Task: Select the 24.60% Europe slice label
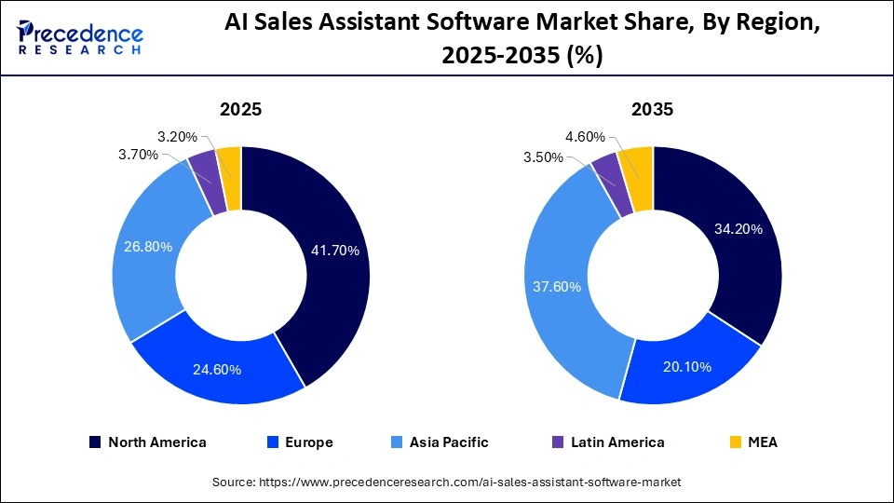coord(216,370)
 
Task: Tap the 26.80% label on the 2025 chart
coord(149,247)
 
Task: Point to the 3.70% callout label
coord(138,155)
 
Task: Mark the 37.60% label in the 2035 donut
coord(556,286)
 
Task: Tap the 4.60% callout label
coord(584,137)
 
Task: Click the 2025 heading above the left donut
coord(240,109)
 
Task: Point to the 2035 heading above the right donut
coord(652,109)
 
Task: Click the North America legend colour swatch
coord(95,442)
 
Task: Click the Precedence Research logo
coord(78,37)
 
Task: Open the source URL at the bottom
coord(446,482)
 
